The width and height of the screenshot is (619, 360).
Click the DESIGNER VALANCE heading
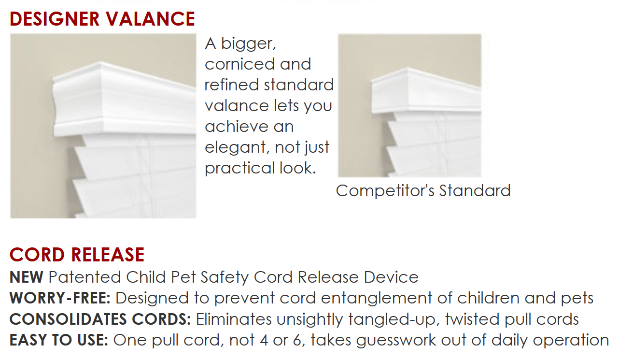[x=102, y=19]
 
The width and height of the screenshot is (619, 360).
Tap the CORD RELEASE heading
[x=77, y=254]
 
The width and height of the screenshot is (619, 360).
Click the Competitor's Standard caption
[x=423, y=191]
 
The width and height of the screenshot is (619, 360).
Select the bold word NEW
[x=26, y=277]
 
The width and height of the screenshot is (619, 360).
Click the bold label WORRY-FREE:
[x=60, y=298]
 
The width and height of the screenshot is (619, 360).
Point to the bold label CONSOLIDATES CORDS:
[x=100, y=319]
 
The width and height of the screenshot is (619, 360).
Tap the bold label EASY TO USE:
[x=58, y=340]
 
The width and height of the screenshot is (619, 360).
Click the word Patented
[x=84, y=277]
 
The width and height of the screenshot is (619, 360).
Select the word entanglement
[x=377, y=299]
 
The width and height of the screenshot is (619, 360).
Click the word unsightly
[x=309, y=319]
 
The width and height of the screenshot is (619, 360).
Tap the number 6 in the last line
[x=297, y=340]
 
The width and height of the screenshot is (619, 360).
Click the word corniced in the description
[x=239, y=64]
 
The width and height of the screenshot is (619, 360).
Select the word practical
[x=239, y=169]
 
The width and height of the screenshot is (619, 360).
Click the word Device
[x=391, y=277]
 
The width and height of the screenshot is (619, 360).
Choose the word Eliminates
[x=234, y=319]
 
